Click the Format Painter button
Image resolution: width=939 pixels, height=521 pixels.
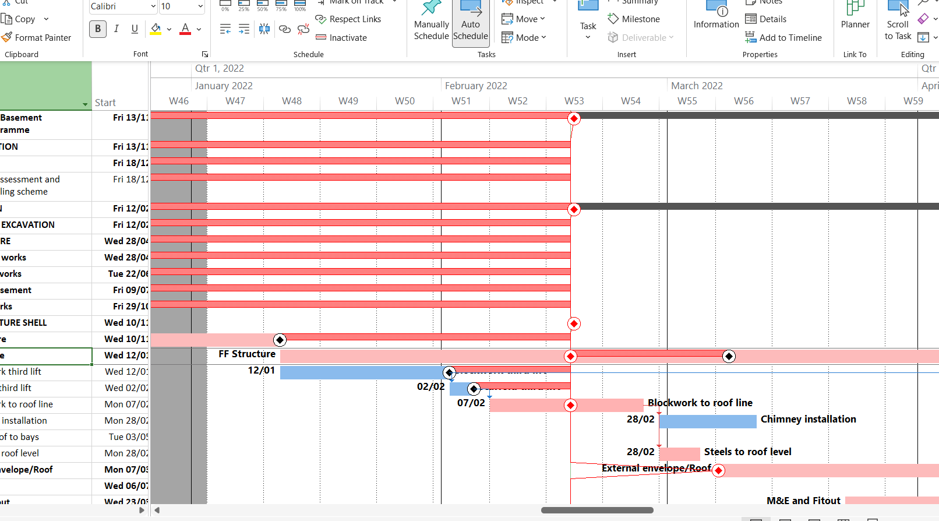coord(37,38)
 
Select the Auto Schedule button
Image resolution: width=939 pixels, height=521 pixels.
coord(471,24)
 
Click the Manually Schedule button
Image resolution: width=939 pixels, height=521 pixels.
coord(431,24)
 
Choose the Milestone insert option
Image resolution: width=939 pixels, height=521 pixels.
coord(634,19)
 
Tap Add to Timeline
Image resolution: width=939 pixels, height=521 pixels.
coord(783,38)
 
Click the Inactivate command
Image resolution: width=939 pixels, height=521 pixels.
coord(341,38)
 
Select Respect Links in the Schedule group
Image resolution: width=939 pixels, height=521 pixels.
coord(348,19)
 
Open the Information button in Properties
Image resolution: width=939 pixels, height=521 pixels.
coord(716,17)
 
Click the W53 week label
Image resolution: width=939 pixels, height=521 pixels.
coord(574,101)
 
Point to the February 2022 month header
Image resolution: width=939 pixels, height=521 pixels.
coord(476,86)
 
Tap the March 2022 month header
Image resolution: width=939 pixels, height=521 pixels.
coord(697,86)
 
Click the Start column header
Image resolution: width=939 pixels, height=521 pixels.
coord(105,103)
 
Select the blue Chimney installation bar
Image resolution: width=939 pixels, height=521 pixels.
coord(707,421)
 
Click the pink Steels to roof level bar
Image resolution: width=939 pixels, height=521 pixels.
coord(679,454)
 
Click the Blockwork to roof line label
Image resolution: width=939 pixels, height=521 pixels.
coord(700,403)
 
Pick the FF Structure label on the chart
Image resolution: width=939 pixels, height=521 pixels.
coord(247,354)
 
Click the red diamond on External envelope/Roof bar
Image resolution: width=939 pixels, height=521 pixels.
coord(718,470)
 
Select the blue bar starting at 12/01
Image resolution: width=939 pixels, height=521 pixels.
coord(361,372)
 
